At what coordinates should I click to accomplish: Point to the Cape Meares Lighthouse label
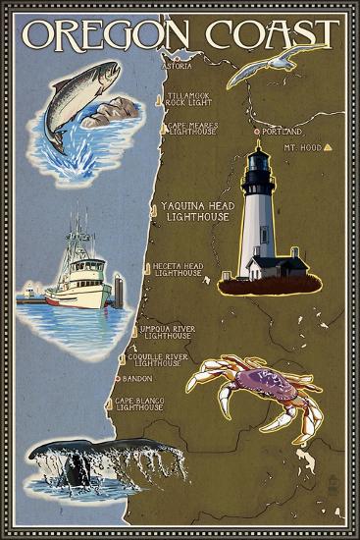(x=191, y=129)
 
